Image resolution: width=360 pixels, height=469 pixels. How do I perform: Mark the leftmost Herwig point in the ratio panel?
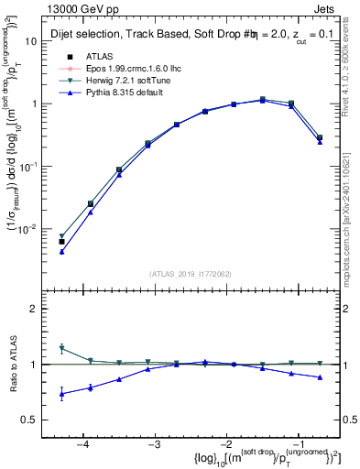pyautogui.click(x=61, y=348)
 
